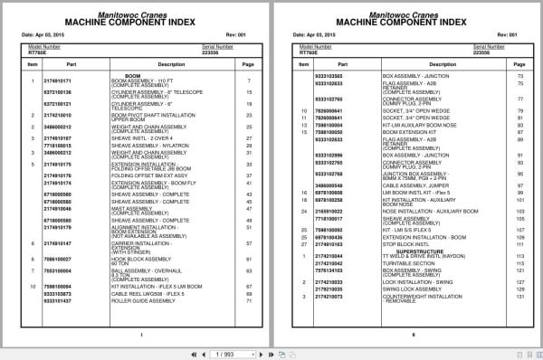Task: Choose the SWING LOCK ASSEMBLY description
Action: (405, 289)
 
